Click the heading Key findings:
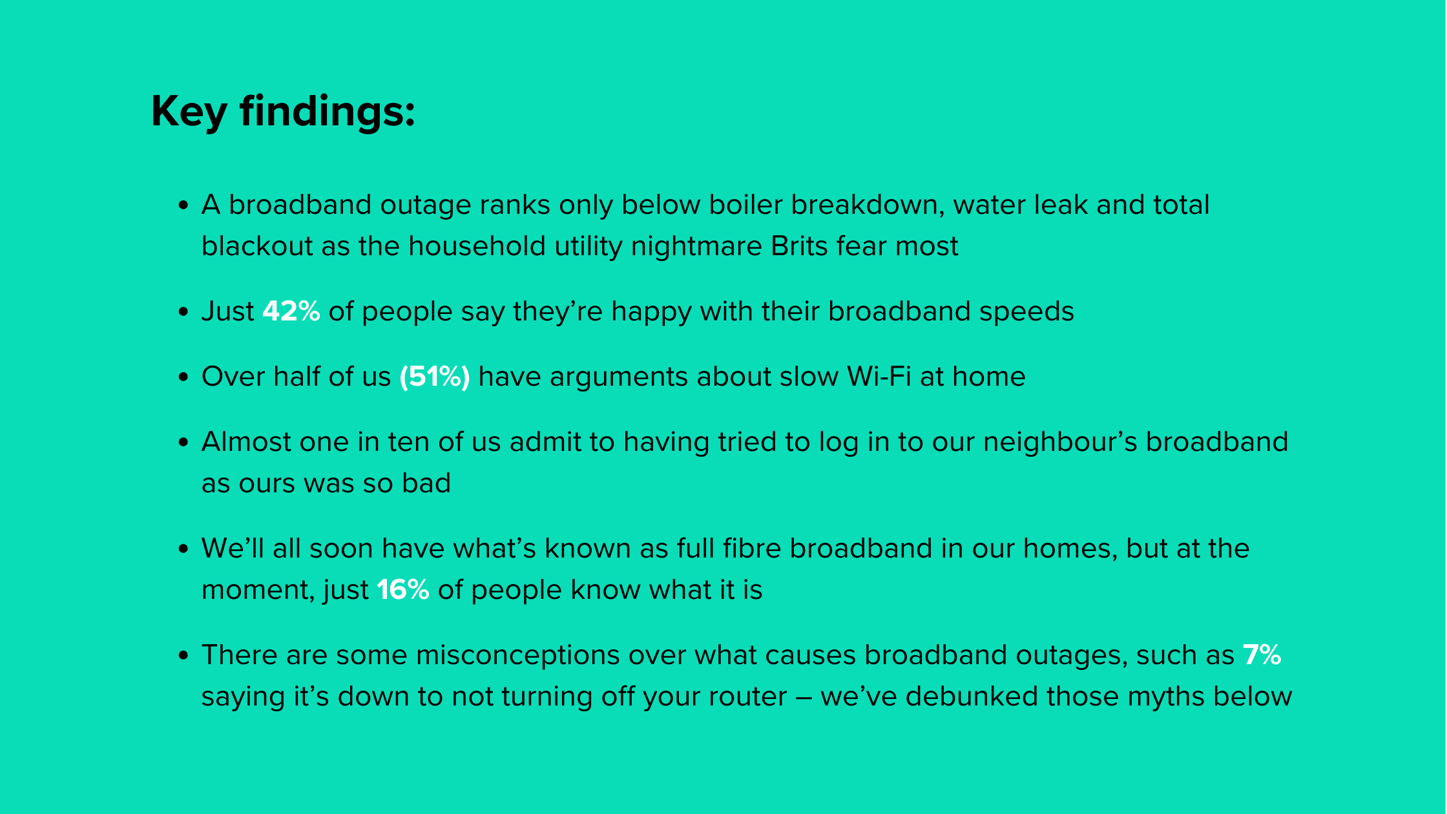283,111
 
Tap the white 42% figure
291,311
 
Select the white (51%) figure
434,377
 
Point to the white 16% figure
402,590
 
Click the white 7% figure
1262,655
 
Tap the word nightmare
696,247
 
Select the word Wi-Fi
879,377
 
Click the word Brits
799,247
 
